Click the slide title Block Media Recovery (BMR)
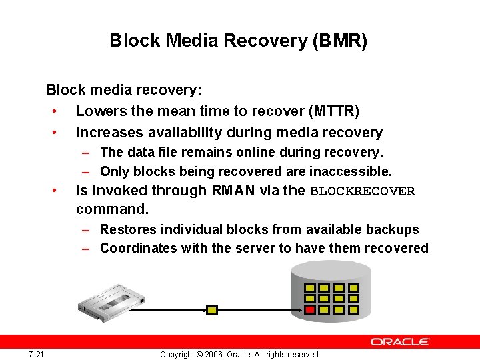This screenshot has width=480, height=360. (239, 41)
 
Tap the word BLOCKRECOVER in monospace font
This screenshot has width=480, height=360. (363, 191)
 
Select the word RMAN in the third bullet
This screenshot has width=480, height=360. (233, 191)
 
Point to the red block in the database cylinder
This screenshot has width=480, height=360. (310, 309)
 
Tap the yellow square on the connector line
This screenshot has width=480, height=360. (212, 310)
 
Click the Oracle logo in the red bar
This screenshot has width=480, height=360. (400, 341)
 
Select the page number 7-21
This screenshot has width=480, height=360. (36, 354)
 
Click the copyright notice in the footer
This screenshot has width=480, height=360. (240, 354)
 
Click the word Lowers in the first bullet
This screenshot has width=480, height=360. (97, 111)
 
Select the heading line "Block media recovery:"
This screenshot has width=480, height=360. (124, 89)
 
